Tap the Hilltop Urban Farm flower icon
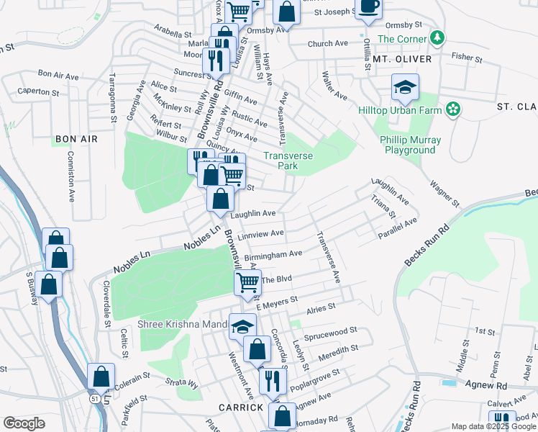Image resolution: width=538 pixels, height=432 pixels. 453,109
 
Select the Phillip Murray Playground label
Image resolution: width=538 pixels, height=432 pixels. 409,145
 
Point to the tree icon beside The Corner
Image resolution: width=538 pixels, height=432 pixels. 437,38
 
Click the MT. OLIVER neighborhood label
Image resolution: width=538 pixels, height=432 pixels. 402,58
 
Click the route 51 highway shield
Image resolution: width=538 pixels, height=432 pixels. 95,397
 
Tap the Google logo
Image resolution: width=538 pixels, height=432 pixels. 24,423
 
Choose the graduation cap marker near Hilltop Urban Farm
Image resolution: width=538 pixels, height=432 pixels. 405,88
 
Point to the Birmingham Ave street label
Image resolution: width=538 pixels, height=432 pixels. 273,254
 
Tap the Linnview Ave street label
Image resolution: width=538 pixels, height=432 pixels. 260,234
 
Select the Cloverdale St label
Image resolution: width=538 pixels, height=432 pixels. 106,309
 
